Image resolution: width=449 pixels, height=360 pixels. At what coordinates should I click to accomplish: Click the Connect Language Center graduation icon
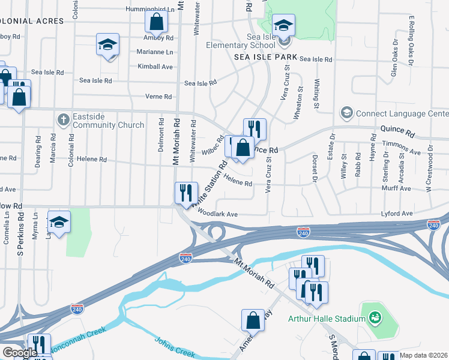tap(346, 113)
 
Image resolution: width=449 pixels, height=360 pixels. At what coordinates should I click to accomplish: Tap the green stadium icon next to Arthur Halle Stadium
tap(375, 317)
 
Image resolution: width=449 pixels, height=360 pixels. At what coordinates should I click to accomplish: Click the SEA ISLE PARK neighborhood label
tap(267, 56)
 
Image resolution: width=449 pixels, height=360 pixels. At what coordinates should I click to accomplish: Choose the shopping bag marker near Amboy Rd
tap(156, 23)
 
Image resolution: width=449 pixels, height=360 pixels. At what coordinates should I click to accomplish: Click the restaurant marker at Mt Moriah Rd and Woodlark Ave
tap(186, 193)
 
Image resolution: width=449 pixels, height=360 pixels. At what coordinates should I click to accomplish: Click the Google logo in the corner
tap(19, 353)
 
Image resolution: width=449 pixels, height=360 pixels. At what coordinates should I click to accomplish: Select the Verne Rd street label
tap(158, 97)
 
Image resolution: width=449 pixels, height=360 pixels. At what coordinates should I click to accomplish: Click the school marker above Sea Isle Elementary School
tap(283, 25)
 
